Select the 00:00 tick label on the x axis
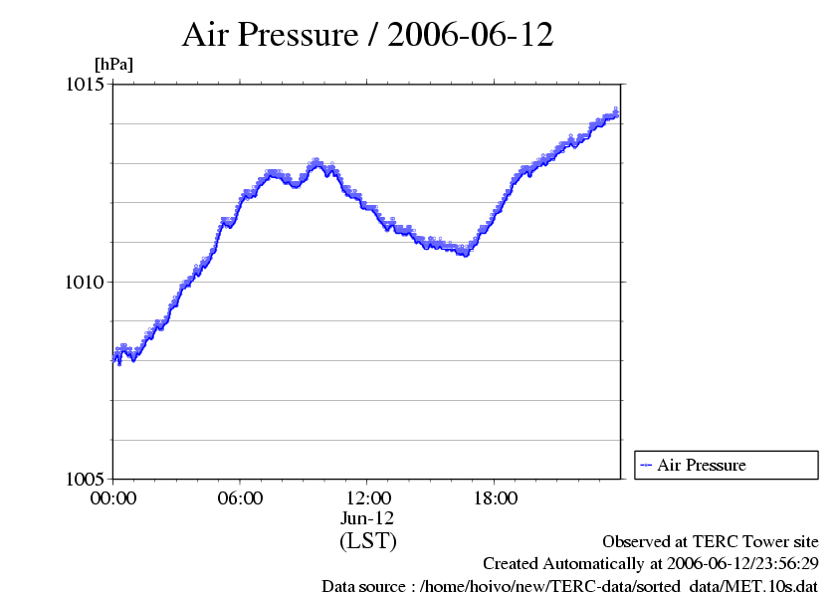[x=113, y=498]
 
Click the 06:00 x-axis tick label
[x=240, y=498]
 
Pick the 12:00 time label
[x=367, y=498]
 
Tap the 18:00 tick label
[x=495, y=498]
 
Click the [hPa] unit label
[x=113, y=64]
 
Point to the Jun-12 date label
[x=367, y=518]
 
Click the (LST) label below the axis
[x=367, y=541]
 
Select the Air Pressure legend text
[x=701, y=465]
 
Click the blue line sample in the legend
[x=646, y=465]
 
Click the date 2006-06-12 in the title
[x=471, y=35]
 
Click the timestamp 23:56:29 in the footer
[x=783, y=564]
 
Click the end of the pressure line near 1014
[x=617, y=112]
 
